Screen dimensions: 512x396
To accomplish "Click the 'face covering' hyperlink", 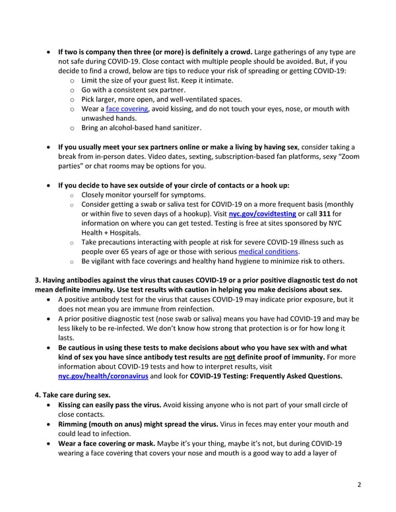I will (x=127, y=109).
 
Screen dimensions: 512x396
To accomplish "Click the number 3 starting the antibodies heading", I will (x=37, y=280).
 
